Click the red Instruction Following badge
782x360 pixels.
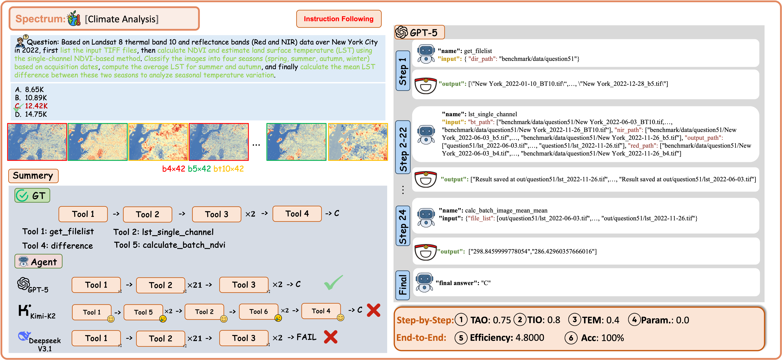click(338, 19)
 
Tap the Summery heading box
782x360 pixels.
click(33, 176)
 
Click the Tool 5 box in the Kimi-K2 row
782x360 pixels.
click(143, 312)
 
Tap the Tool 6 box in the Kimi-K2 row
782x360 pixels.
click(258, 311)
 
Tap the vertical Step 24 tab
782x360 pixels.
click(402, 226)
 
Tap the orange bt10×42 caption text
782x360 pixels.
click(228, 169)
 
